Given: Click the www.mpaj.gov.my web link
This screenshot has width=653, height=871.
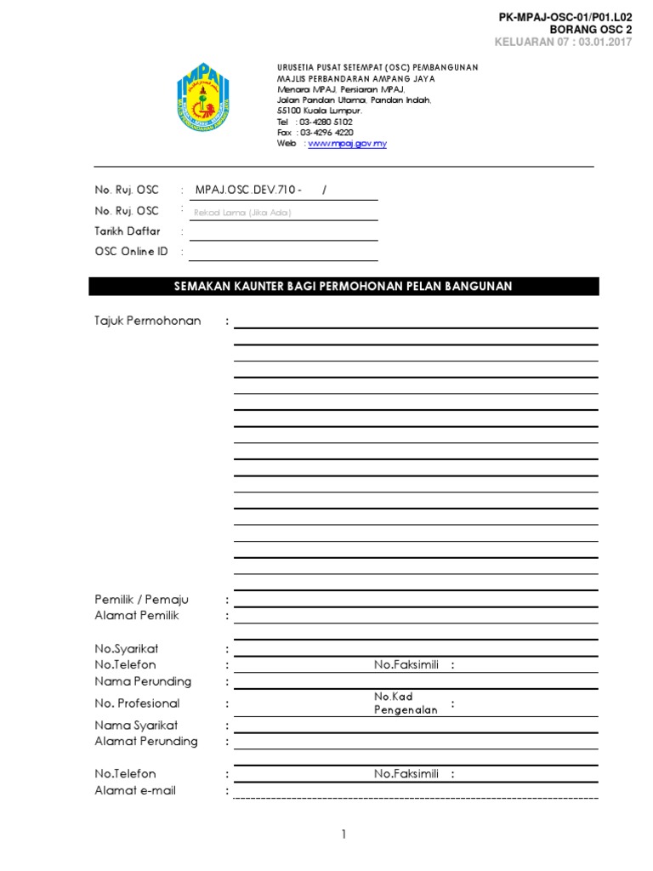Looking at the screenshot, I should [347, 144].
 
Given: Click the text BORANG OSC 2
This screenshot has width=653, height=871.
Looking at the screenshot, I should [591, 30].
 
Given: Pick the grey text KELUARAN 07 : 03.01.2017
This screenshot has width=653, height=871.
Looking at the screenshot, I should [564, 43].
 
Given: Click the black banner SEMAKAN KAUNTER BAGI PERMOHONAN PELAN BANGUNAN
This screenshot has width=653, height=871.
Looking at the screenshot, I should [344, 287].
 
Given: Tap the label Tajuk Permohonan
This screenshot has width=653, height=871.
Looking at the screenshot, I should [148, 321].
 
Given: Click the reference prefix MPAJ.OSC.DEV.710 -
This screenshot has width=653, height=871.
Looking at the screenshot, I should [248, 190].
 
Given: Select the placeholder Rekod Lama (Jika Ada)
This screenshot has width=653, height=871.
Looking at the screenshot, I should [243, 213].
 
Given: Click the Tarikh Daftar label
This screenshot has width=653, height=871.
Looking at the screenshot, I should [127, 231].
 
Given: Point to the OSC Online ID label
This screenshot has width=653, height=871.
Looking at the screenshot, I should [131, 252].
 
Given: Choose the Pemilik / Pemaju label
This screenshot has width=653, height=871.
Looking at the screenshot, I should [141, 601].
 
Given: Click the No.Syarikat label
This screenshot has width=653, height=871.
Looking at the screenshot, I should [126, 649].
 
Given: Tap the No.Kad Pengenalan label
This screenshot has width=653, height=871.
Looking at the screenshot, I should [406, 703].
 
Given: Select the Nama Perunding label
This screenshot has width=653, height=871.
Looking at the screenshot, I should [143, 681].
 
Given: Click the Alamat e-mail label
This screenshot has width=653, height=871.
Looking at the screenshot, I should [135, 791].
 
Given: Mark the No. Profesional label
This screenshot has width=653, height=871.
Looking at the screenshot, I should [137, 703].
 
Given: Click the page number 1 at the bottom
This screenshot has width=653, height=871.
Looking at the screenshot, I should [344, 835].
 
